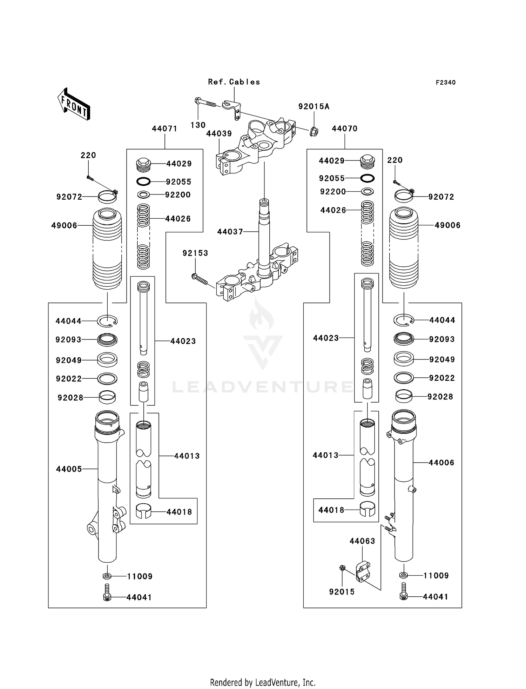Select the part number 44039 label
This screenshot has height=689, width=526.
(x=219, y=134)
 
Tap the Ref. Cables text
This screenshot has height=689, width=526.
(x=234, y=82)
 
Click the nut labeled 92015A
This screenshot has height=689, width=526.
(x=313, y=132)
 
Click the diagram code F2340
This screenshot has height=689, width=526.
(x=445, y=82)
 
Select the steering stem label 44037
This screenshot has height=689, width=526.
(x=230, y=232)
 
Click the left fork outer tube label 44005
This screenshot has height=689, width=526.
(x=69, y=469)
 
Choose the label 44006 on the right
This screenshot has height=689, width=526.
(x=441, y=463)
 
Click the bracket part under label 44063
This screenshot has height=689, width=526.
(x=363, y=571)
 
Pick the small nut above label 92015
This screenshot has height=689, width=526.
(x=342, y=568)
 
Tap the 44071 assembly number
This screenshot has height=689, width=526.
(x=164, y=129)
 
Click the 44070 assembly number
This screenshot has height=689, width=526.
(x=344, y=129)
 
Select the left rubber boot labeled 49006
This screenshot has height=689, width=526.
(x=107, y=249)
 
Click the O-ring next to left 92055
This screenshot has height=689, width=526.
(x=143, y=181)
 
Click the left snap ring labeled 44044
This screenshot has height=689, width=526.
(x=107, y=320)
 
